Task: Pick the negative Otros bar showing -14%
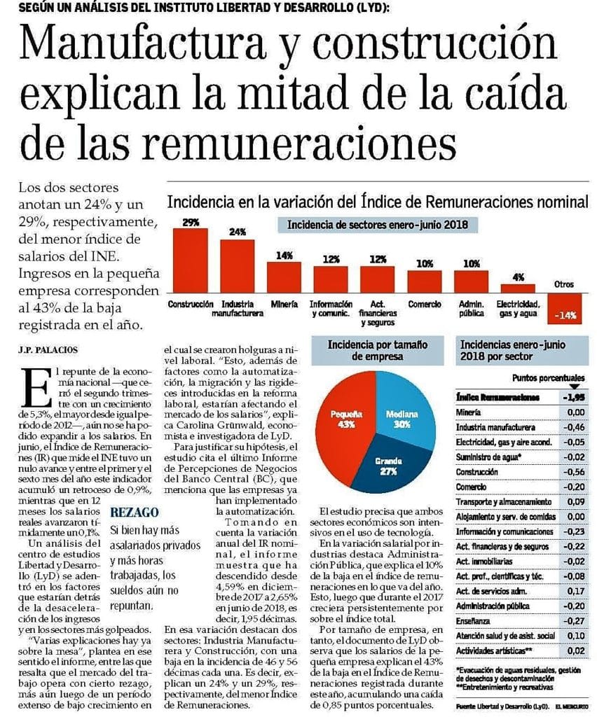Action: [x=565, y=307]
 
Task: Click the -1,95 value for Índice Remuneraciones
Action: [x=572, y=396]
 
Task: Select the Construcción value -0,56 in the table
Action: [x=572, y=471]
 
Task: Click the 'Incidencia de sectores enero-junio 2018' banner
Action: [x=378, y=225]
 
